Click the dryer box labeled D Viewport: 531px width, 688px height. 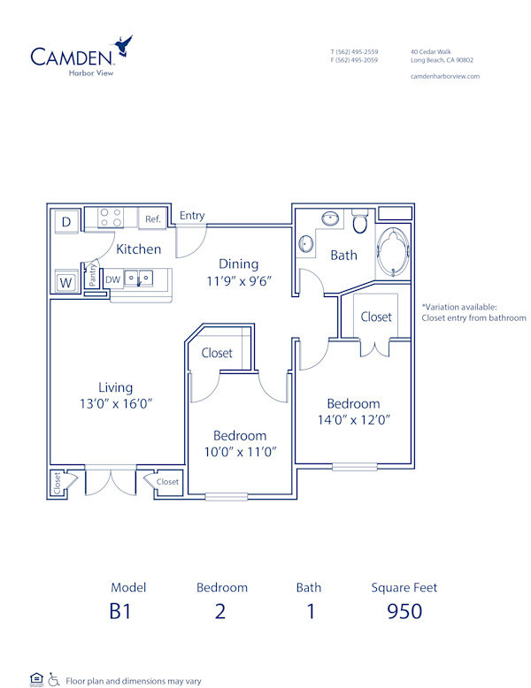[x=66, y=221]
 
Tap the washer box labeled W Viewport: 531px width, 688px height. [x=65, y=282]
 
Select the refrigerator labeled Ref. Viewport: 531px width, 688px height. [x=152, y=219]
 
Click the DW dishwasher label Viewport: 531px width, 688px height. [x=112, y=279]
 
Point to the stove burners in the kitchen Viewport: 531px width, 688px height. [x=111, y=218]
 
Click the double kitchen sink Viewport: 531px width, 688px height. [x=138, y=279]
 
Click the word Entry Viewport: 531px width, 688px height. [x=192, y=216]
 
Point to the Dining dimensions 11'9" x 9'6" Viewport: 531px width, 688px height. [x=239, y=280]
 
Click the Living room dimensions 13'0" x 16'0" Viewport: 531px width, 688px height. [x=116, y=403]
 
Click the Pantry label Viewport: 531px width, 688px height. [x=91, y=276]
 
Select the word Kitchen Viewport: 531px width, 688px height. [x=139, y=249]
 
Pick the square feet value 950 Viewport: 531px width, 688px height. [x=404, y=611]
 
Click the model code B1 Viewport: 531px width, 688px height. [x=121, y=611]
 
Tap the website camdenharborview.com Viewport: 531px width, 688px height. [x=445, y=76]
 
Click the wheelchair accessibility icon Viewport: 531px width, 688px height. [x=53, y=679]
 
